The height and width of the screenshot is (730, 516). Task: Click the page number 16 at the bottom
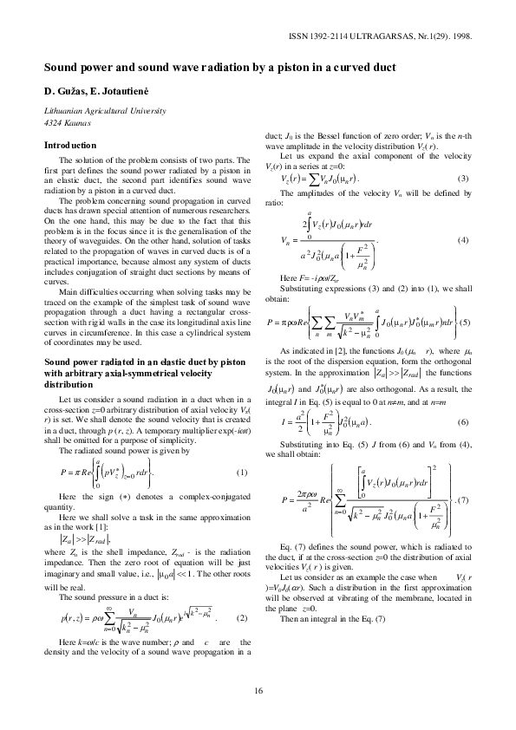coord(258,690)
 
